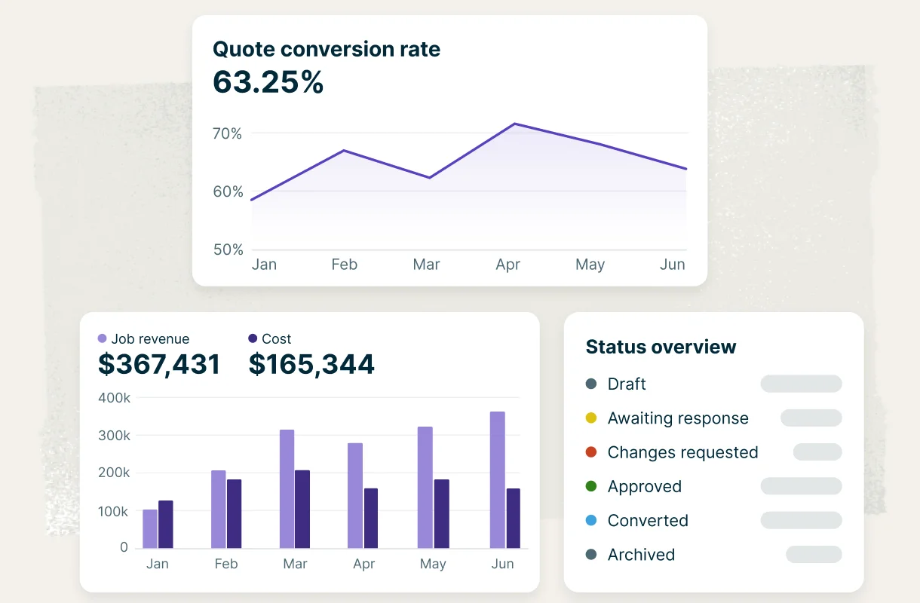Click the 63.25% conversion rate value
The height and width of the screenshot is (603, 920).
pos(268,82)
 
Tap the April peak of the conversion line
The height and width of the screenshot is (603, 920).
pos(514,124)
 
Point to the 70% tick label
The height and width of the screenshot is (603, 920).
pos(227,133)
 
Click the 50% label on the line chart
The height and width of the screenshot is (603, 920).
pos(228,249)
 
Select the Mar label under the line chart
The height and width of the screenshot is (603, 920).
pos(426,265)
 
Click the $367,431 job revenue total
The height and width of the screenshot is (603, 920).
pos(159,364)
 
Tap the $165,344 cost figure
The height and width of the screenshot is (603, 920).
pos(311,364)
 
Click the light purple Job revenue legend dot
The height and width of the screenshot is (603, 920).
pos(103,338)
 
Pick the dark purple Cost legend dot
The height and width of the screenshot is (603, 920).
pos(253,338)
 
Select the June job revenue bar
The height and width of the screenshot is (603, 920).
pos(498,480)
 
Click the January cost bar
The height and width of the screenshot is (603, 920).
pos(165,524)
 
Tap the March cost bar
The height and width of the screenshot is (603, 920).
pos(302,509)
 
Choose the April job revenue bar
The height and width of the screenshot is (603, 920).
pos(355,495)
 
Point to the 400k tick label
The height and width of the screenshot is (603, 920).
pos(114,398)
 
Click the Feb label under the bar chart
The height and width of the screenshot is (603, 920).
pos(226,564)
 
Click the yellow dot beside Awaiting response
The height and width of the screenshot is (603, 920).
pos(591,418)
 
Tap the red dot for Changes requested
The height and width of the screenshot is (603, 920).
pos(591,452)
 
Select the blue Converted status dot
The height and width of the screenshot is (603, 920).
pos(591,520)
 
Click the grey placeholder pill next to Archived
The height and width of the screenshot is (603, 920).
pos(814,554)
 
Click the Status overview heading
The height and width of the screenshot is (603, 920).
pos(661,347)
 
